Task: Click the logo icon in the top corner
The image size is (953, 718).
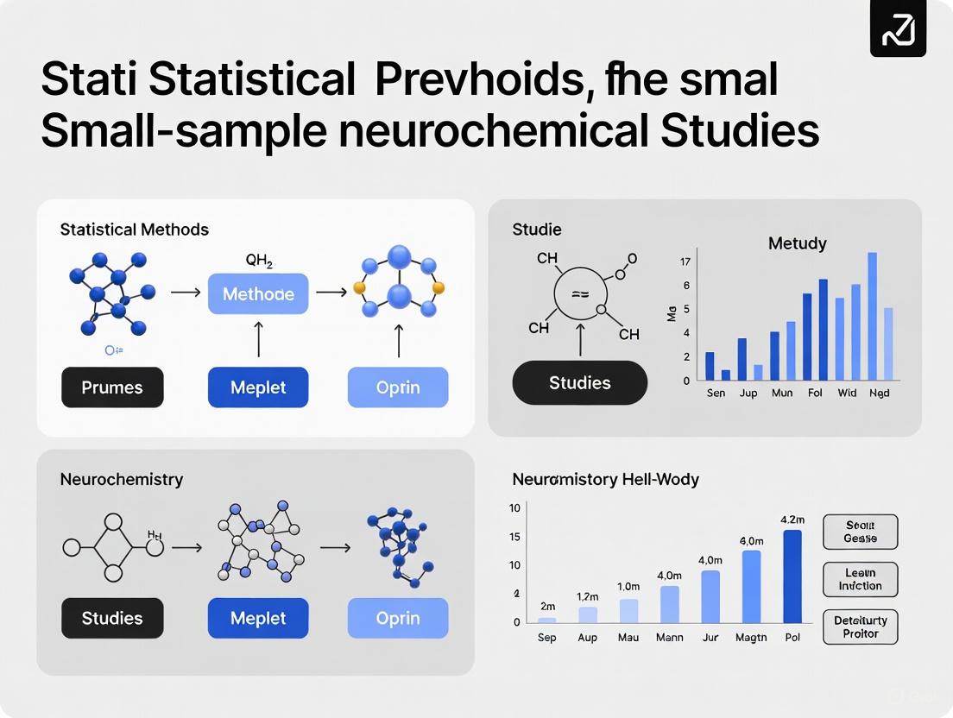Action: click(x=898, y=29)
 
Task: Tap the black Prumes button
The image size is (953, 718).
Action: click(x=112, y=387)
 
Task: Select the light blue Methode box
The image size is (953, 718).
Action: click(x=258, y=294)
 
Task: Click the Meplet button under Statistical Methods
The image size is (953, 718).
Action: click(x=258, y=387)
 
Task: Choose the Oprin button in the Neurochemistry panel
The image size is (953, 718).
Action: click(x=398, y=618)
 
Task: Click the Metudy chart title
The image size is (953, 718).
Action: click(x=797, y=243)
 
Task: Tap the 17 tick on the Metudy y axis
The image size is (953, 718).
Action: click(x=685, y=261)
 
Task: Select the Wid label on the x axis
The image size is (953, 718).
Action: click(x=847, y=393)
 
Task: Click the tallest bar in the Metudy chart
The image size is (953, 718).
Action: click(x=872, y=316)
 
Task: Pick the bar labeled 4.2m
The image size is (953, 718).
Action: click(x=792, y=576)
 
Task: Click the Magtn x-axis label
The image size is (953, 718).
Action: click(x=751, y=638)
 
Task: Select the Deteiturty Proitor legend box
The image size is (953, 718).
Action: click(x=861, y=627)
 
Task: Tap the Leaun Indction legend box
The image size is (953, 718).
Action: click(x=861, y=579)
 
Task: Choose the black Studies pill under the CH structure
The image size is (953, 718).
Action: click(x=579, y=382)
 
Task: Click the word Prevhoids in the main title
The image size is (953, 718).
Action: click(x=470, y=79)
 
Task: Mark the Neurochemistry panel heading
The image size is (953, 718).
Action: click(x=122, y=479)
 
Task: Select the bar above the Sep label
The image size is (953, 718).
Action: click(x=546, y=620)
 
